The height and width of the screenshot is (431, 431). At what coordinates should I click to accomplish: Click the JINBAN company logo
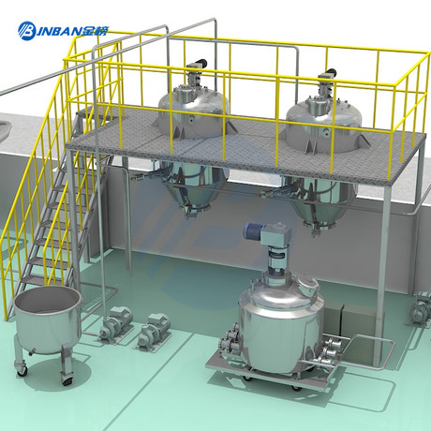63,31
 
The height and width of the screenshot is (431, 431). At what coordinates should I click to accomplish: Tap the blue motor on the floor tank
253,232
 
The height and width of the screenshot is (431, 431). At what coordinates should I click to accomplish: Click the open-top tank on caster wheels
48,331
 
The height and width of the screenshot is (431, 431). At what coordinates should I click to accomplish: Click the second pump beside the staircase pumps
155,331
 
